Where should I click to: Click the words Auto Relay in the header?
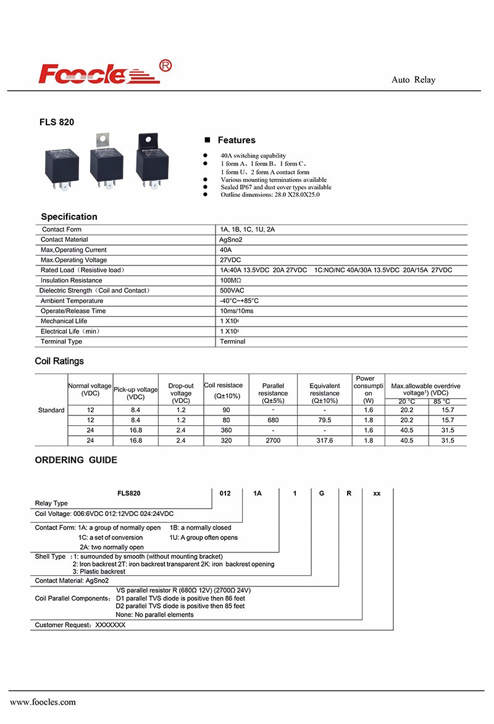coord(413,80)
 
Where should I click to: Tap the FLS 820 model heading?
coord(57,122)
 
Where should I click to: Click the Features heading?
coord(236,140)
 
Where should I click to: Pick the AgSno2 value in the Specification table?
coord(232,239)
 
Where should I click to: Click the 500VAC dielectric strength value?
coord(232,290)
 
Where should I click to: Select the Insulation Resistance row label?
coord(72,280)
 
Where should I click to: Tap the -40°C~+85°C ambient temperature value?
coord(240,301)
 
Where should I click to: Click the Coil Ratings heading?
coord(59,361)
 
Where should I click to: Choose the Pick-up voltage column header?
coord(135,393)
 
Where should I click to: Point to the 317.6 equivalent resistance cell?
coord(324,440)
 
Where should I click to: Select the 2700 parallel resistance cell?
coord(273,440)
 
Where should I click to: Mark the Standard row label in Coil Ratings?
coord(51,410)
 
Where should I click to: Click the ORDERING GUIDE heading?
coord(76,460)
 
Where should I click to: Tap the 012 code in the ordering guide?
coord(225,493)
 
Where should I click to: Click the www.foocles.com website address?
coord(43,702)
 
